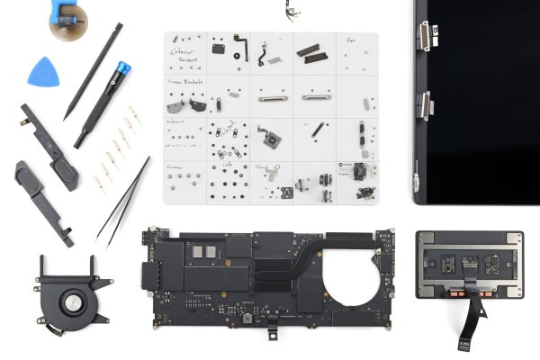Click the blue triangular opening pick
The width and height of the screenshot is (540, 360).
pyautogui.click(x=41, y=72)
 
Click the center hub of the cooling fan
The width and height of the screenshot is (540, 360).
pyautogui.click(x=67, y=303)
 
